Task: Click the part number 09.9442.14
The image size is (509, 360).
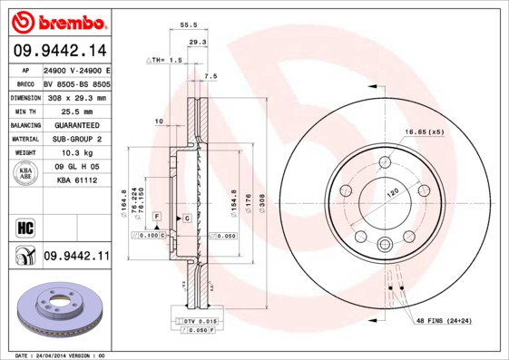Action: click(x=56, y=51)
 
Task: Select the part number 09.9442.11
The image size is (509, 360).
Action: click(x=76, y=258)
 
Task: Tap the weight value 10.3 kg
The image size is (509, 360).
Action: click(x=75, y=153)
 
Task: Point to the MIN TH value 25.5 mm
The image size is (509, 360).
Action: click(x=75, y=111)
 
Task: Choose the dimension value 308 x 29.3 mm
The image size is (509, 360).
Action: click(x=75, y=97)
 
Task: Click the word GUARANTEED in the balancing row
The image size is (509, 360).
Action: click(x=75, y=125)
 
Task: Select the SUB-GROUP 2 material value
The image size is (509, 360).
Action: click(x=75, y=139)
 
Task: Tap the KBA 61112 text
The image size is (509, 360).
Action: click(x=75, y=181)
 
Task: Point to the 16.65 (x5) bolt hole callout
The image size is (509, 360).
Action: click(x=425, y=132)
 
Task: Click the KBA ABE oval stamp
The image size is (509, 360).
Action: click(x=26, y=174)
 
